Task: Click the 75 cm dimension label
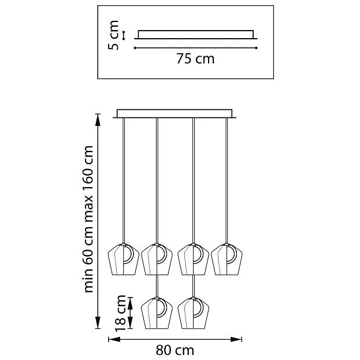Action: (x=195, y=58)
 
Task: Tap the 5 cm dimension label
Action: (x=113, y=35)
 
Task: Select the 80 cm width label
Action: (x=175, y=350)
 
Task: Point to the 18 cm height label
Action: (x=121, y=313)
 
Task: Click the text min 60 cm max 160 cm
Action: (x=88, y=219)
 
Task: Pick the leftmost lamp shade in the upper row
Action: (x=124, y=259)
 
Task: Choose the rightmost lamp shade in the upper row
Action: (x=227, y=259)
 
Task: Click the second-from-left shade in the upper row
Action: (x=157, y=259)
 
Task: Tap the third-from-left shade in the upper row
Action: (x=194, y=259)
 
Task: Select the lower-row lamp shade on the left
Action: (x=157, y=313)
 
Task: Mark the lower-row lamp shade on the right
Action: (x=194, y=313)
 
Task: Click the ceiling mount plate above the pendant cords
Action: (x=175, y=114)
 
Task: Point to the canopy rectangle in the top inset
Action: (x=196, y=35)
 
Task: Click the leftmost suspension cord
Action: (x=124, y=181)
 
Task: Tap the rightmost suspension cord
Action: (x=227, y=181)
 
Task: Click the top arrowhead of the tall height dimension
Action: (x=98, y=120)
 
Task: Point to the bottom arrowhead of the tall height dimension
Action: (x=98, y=322)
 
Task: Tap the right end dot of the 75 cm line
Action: (x=257, y=48)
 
